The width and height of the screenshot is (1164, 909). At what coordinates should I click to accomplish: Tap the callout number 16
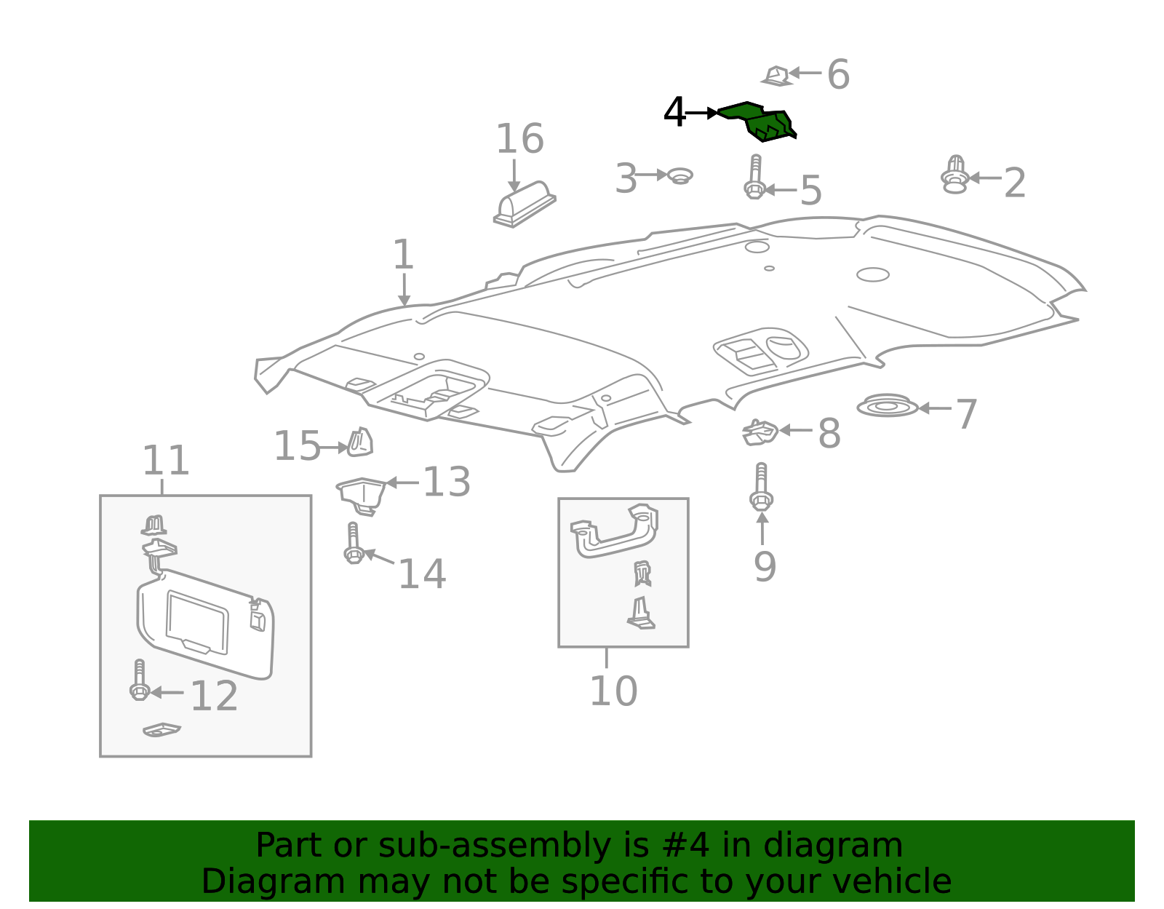pos(519,139)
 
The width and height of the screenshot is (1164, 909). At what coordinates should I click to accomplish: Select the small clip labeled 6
pos(776,76)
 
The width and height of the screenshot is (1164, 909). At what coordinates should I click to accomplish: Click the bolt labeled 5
pos(755,178)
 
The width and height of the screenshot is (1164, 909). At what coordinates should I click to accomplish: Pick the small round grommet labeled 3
pos(679,175)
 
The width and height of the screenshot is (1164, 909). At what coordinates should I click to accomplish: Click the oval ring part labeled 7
pos(887,405)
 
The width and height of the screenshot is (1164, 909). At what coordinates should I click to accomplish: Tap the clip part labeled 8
pos(760,432)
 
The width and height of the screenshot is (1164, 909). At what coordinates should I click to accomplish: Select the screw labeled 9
pos(761,488)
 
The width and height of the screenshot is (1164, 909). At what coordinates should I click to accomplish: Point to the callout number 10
pos(613,691)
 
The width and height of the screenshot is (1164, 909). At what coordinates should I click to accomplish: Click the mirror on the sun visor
pos(197,623)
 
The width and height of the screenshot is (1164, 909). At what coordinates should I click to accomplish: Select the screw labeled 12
pos(139,681)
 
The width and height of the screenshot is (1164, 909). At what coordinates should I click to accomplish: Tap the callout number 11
pos(165,461)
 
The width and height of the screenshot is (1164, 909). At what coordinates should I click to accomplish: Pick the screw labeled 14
pos(354,544)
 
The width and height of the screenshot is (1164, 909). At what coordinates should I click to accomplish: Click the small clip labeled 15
pos(359,443)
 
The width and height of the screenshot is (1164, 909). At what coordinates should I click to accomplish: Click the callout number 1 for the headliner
pos(403,255)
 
